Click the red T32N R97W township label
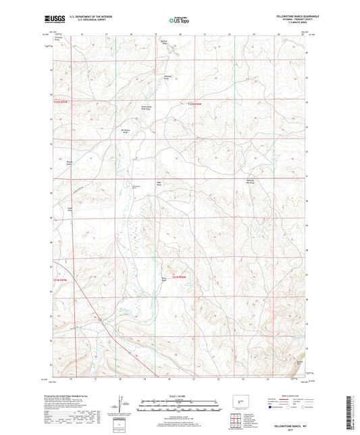click(x=61, y=101)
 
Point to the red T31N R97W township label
click(x=61, y=278)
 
